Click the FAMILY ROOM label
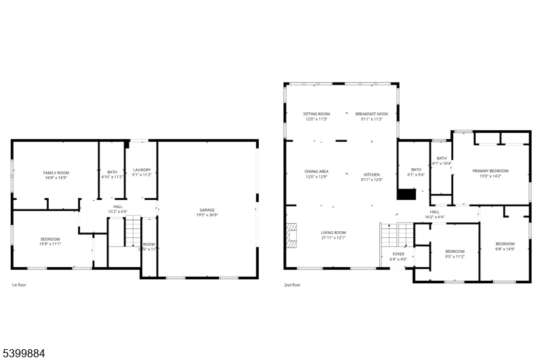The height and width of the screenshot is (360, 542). pyautogui.click(x=56, y=173)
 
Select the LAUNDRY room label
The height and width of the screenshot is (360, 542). pyautogui.click(x=142, y=169)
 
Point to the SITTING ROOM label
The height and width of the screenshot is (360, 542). pyautogui.click(x=316, y=114)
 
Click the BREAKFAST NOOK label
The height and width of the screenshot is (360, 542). pyautogui.click(x=371, y=114)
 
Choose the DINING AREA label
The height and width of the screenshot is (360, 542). pyautogui.click(x=316, y=172)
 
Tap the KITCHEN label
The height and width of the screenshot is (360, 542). pyautogui.click(x=372, y=174)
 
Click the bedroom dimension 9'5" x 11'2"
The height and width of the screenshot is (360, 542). pyautogui.click(x=455, y=258)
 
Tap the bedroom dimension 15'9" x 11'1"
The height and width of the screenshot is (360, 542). pyautogui.click(x=50, y=244)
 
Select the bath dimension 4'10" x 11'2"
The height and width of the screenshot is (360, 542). pyautogui.click(x=112, y=176)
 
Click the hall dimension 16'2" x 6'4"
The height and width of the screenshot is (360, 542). pyautogui.click(x=434, y=218)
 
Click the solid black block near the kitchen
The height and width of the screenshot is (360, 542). pyautogui.click(x=406, y=195)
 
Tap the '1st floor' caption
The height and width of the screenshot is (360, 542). pyautogui.click(x=20, y=285)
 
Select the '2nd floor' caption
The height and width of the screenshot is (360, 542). pyautogui.click(x=292, y=285)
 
